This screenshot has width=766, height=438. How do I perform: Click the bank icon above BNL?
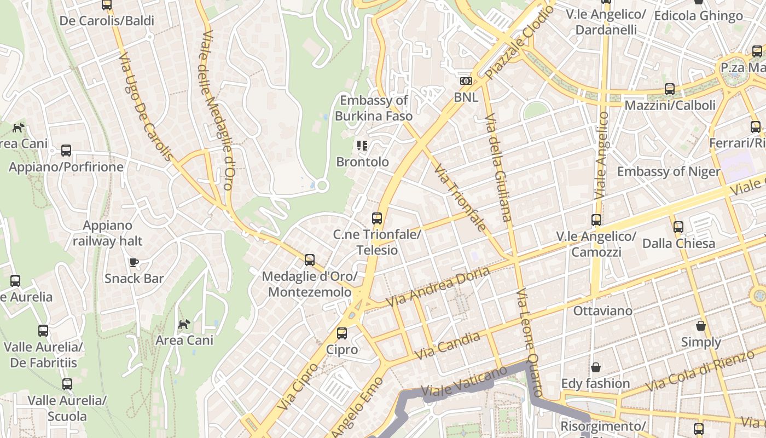(x=466, y=81)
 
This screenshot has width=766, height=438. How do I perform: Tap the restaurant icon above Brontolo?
(x=362, y=145)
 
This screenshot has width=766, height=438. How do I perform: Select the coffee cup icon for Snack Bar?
(x=134, y=262)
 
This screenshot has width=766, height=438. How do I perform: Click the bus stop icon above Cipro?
(x=342, y=333)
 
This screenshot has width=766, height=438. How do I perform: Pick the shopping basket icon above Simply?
(x=701, y=326)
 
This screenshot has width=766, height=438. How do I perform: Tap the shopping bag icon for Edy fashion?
(x=595, y=367)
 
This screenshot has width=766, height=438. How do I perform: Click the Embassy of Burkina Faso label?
(x=373, y=108)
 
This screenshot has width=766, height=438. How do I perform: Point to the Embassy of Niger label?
(x=669, y=171)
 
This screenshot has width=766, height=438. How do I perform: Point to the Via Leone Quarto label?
(x=529, y=342)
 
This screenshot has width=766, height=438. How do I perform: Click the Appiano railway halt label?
(x=107, y=233)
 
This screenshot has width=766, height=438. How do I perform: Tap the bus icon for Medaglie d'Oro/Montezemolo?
(x=310, y=260)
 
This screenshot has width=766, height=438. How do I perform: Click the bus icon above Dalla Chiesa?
(x=678, y=227)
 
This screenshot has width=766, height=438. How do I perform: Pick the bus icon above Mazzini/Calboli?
(x=669, y=89)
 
